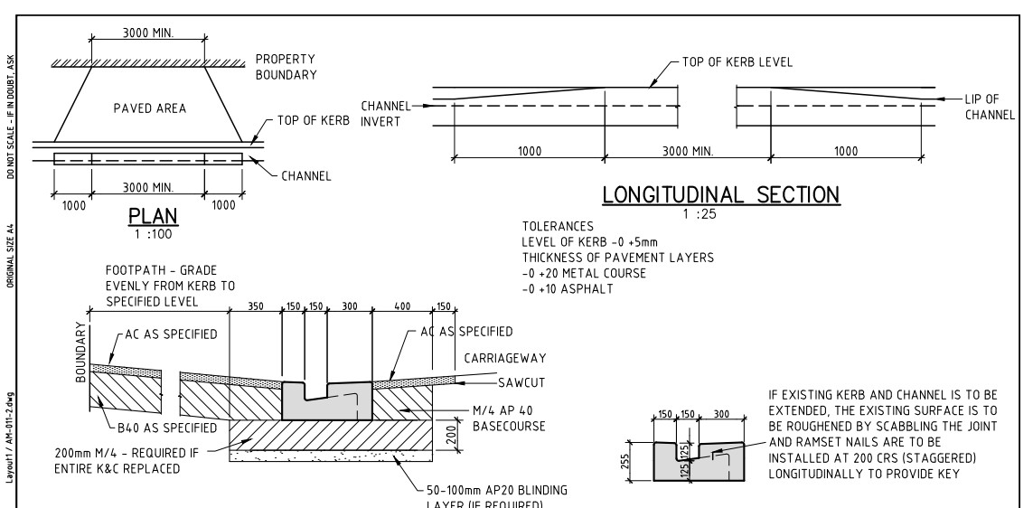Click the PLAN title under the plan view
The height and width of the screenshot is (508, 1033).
click(155, 217)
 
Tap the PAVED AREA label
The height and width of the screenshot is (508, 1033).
click(150, 108)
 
